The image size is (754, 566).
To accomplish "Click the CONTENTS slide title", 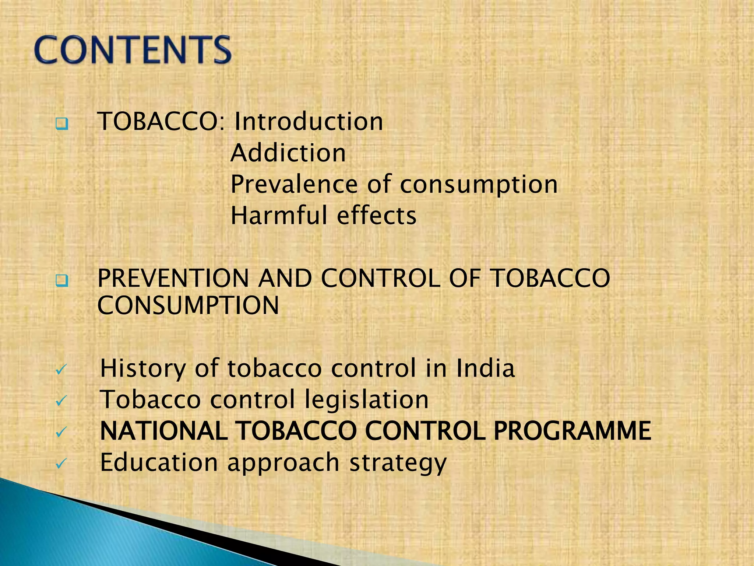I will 133,50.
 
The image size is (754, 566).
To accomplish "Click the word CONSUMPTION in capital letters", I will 188,305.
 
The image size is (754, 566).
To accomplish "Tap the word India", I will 485,368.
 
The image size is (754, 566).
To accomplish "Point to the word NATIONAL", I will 163,431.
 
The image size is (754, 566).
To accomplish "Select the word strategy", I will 398,463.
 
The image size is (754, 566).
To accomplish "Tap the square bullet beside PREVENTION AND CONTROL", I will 62,281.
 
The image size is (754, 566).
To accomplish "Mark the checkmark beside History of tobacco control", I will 61,370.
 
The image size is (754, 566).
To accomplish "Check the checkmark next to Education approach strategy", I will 61,464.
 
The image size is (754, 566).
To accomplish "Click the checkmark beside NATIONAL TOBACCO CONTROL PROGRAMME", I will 61,432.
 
